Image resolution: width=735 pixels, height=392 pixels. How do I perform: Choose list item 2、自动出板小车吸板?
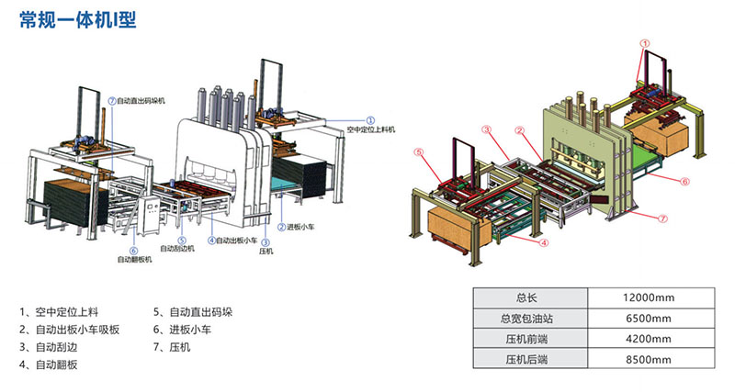click(x=70, y=329)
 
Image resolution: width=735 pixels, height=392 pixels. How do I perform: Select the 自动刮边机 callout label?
click(x=177, y=248)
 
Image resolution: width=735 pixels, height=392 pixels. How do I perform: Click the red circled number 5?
click(x=418, y=152)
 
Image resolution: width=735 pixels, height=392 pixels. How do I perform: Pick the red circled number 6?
click(x=685, y=182)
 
